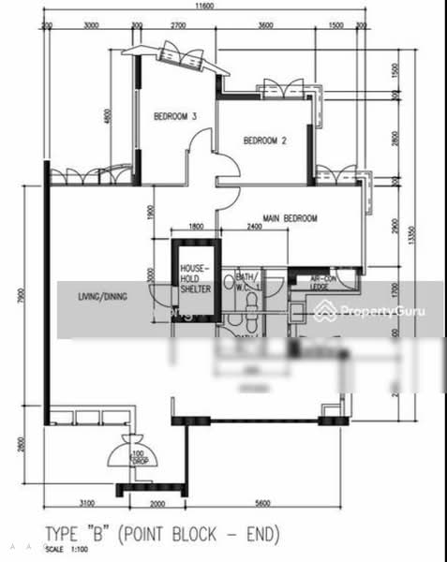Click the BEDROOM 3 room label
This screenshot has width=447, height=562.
pyautogui.click(x=175, y=117)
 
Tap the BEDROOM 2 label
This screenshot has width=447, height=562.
pyautogui.click(x=263, y=141)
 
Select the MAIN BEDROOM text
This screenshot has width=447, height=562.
pyautogui.click(x=290, y=218)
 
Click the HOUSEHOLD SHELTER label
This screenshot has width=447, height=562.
pyautogui.click(x=195, y=278)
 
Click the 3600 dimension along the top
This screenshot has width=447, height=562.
pyautogui.click(x=265, y=27)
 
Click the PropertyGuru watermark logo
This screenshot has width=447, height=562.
pyautogui.click(x=374, y=310)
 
